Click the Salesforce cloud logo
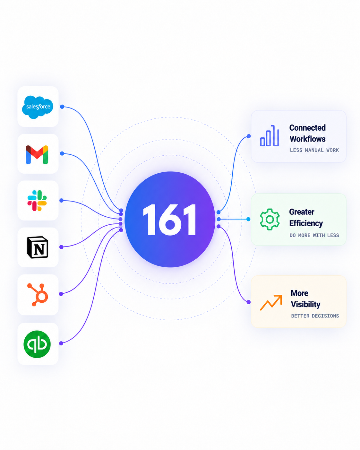point(38,107)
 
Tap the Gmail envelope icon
point(37,154)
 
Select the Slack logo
point(37,201)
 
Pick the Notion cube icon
point(38,247)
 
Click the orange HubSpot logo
point(38,295)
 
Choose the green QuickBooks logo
point(37,344)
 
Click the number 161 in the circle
point(169,220)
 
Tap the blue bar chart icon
point(269,136)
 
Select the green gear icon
point(270,219)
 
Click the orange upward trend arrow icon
point(271,303)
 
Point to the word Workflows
point(307,139)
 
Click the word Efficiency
point(306,223)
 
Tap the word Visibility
point(306,305)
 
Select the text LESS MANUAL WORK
point(314,150)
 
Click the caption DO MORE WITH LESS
point(314,235)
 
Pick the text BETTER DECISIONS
point(315,316)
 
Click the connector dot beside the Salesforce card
point(62,107)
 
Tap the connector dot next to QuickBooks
point(61,343)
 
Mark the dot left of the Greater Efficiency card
point(248,219)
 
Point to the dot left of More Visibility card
point(249,302)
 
